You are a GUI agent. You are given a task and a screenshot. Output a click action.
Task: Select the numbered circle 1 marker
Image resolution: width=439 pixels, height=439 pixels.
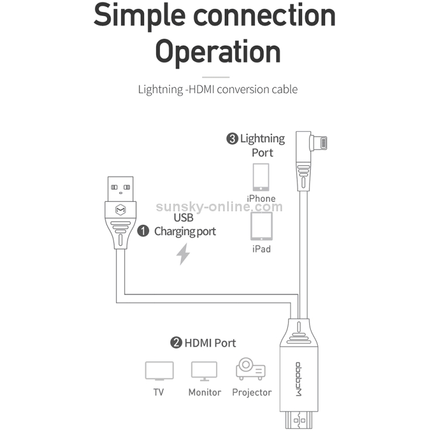point(143,231)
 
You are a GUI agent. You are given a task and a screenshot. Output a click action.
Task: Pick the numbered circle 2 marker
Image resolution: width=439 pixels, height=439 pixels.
point(176,342)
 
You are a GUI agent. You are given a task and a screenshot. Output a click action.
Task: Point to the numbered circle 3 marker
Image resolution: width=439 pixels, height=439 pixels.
point(232,139)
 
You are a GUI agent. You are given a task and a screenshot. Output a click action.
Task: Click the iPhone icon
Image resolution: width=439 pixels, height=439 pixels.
point(261,177)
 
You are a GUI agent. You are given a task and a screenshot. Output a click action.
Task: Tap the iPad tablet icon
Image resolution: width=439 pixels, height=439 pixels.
point(262,226)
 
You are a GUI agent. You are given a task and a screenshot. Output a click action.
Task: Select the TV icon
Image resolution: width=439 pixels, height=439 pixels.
point(159,371)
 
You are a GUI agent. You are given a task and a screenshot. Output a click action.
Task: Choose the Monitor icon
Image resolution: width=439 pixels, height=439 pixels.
point(204,371)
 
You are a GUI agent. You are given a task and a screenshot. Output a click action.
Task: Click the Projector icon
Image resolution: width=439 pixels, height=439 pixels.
point(251,368)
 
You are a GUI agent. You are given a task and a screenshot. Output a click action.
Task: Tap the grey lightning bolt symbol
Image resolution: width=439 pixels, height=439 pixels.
point(183,254)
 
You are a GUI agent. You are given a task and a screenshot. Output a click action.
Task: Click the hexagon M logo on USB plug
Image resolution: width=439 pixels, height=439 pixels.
point(121,210)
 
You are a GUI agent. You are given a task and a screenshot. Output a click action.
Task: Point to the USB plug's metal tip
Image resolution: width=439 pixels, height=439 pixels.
point(121,188)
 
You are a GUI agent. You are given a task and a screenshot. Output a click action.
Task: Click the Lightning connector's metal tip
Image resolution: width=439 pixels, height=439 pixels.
point(322,143)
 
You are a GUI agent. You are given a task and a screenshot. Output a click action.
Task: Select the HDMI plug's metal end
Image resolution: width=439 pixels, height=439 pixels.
point(299,420)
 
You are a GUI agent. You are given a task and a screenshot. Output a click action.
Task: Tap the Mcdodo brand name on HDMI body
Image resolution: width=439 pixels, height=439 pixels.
point(299,379)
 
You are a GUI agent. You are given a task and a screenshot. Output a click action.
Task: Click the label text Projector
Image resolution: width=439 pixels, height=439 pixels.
point(252,393)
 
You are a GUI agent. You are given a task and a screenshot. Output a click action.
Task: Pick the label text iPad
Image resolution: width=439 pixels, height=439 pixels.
point(262,249)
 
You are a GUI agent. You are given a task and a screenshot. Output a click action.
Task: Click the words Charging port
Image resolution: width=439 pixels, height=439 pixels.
point(185,232)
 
